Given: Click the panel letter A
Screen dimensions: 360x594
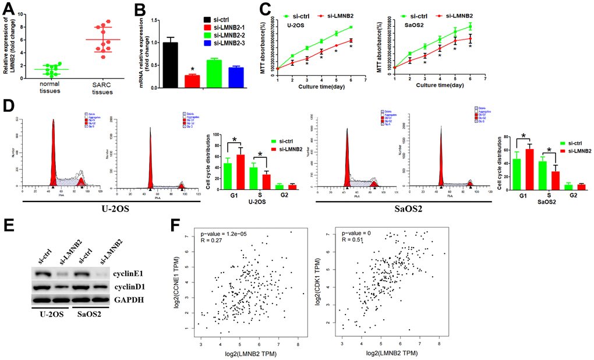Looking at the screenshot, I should (9, 9).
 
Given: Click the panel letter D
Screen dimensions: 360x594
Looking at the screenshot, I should (9, 106).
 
